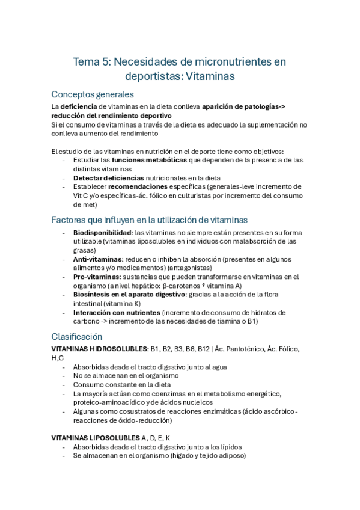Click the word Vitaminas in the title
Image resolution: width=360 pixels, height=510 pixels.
pos(210,76)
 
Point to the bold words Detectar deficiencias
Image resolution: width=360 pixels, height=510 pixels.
pos(108,178)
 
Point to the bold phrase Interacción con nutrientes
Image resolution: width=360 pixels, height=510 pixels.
pos(117,312)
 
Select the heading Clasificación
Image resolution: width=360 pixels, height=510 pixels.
pos(77,337)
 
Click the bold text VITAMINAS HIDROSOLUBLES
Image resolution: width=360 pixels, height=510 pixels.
pos(100,349)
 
